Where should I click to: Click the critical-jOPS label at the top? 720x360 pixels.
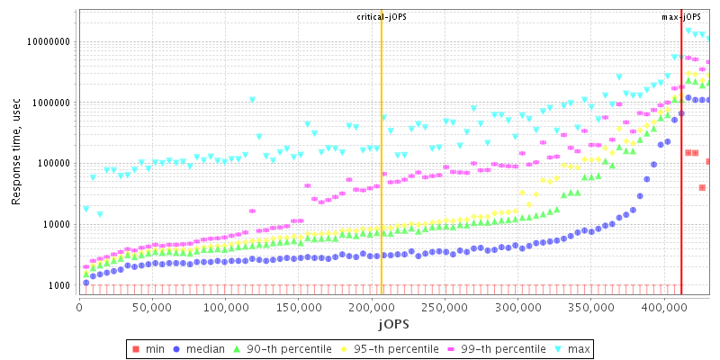[382, 17]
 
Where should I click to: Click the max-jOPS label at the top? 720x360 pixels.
[681, 17]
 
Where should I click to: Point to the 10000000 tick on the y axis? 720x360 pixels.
[49, 41]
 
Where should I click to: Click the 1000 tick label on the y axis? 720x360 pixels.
[60, 285]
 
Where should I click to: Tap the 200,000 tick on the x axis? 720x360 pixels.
[372, 308]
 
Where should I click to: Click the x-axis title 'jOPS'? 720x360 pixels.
[393, 323]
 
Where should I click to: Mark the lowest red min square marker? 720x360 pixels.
[702, 187]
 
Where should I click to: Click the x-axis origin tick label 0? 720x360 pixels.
[80, 308]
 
